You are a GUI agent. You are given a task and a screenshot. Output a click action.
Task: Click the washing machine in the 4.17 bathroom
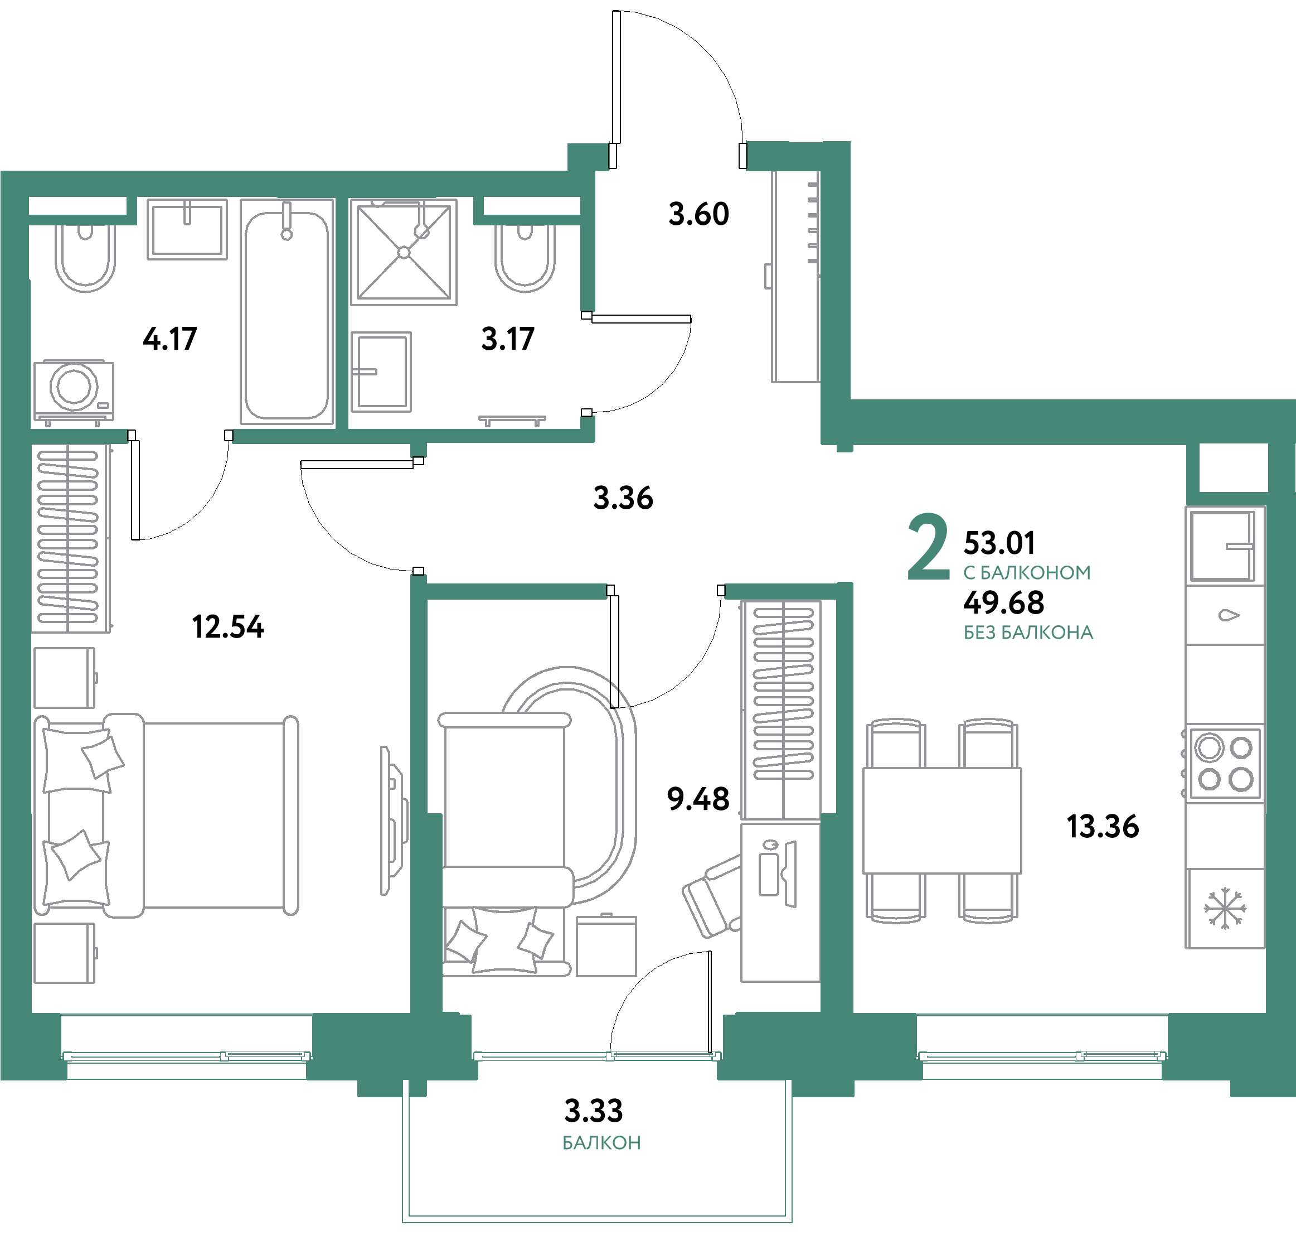tap(74, 390)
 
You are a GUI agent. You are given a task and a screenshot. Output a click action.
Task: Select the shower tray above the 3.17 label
tap(404, 252)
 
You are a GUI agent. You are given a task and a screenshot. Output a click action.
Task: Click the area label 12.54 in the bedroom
tap(227, 627)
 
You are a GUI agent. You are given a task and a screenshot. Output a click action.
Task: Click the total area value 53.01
tap(999, 543)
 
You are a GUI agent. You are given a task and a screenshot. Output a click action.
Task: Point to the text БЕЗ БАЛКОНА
tap(1028, 633)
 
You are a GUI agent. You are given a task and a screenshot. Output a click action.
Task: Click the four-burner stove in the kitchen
tap(1225, 764)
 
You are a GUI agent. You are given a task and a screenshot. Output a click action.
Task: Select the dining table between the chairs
tap(942, 821)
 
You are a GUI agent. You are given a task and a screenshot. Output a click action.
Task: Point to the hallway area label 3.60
tap(698, 214)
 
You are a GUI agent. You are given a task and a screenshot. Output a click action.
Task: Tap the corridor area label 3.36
tap(623, 498)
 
